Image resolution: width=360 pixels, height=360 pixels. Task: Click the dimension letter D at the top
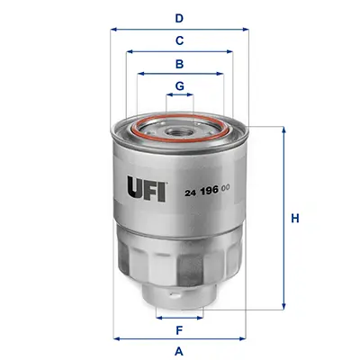pos(179,17)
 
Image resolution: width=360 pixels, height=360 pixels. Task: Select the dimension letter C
pos(179,40)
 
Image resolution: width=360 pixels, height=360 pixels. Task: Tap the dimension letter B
pos(179,64)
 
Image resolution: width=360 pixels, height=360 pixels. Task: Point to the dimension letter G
pos(179,86)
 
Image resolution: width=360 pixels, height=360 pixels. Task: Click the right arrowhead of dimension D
pos(245,29)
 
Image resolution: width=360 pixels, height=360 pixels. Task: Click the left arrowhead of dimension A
pos(114,338)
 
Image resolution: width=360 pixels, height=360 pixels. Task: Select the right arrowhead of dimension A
pos(245,338)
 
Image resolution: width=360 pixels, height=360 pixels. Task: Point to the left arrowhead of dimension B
pos(139,75)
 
